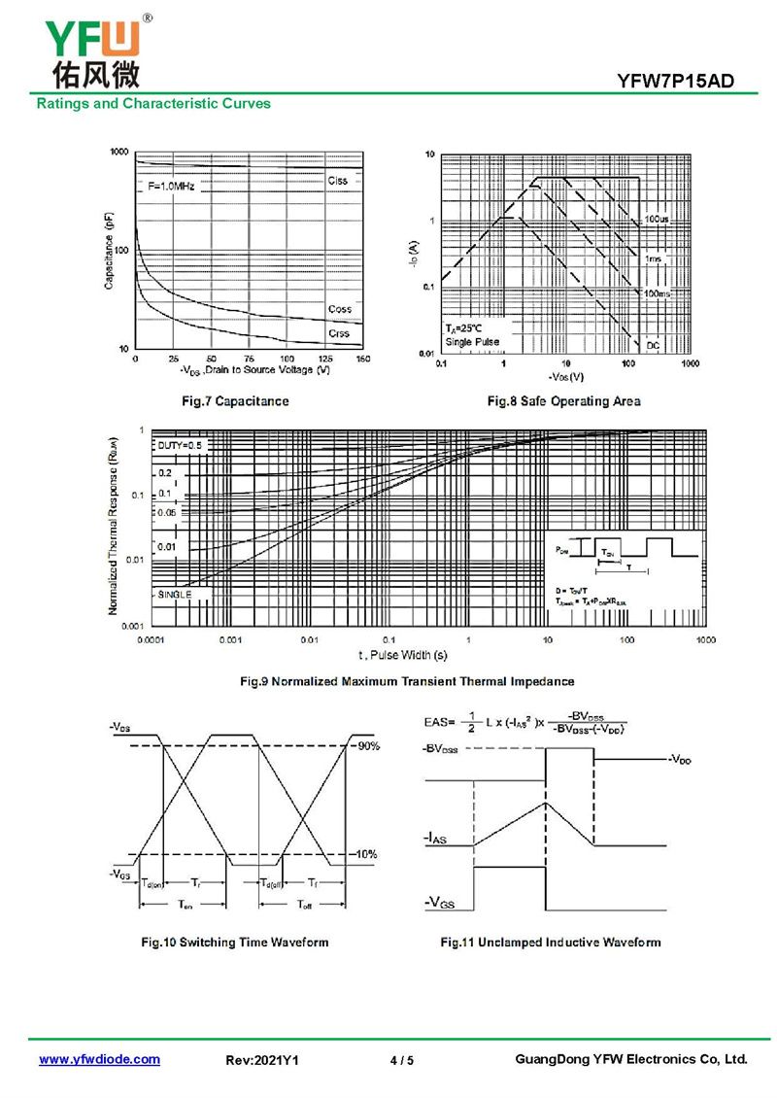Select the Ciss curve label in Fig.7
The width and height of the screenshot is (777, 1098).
coord(337,181)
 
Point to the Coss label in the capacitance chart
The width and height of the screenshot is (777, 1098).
coord(339,309)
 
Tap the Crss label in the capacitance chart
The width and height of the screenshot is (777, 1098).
coord(339,333)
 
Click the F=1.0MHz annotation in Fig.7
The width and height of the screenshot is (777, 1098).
coord(171,186)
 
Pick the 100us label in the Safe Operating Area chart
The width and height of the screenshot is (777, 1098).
coord(657,221)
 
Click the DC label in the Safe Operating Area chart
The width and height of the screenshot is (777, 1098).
coord(653,345)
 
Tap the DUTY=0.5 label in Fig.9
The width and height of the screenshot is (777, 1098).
coord(180,445)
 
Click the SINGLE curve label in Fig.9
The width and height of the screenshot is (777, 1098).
coord(174,594)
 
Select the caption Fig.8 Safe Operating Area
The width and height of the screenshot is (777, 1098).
coord(563,401)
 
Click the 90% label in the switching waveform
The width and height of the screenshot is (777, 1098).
coord(367,746)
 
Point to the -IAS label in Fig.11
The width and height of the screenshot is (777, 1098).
coord(434,837)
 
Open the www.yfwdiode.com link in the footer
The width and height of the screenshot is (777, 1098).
coord(99,1060)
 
